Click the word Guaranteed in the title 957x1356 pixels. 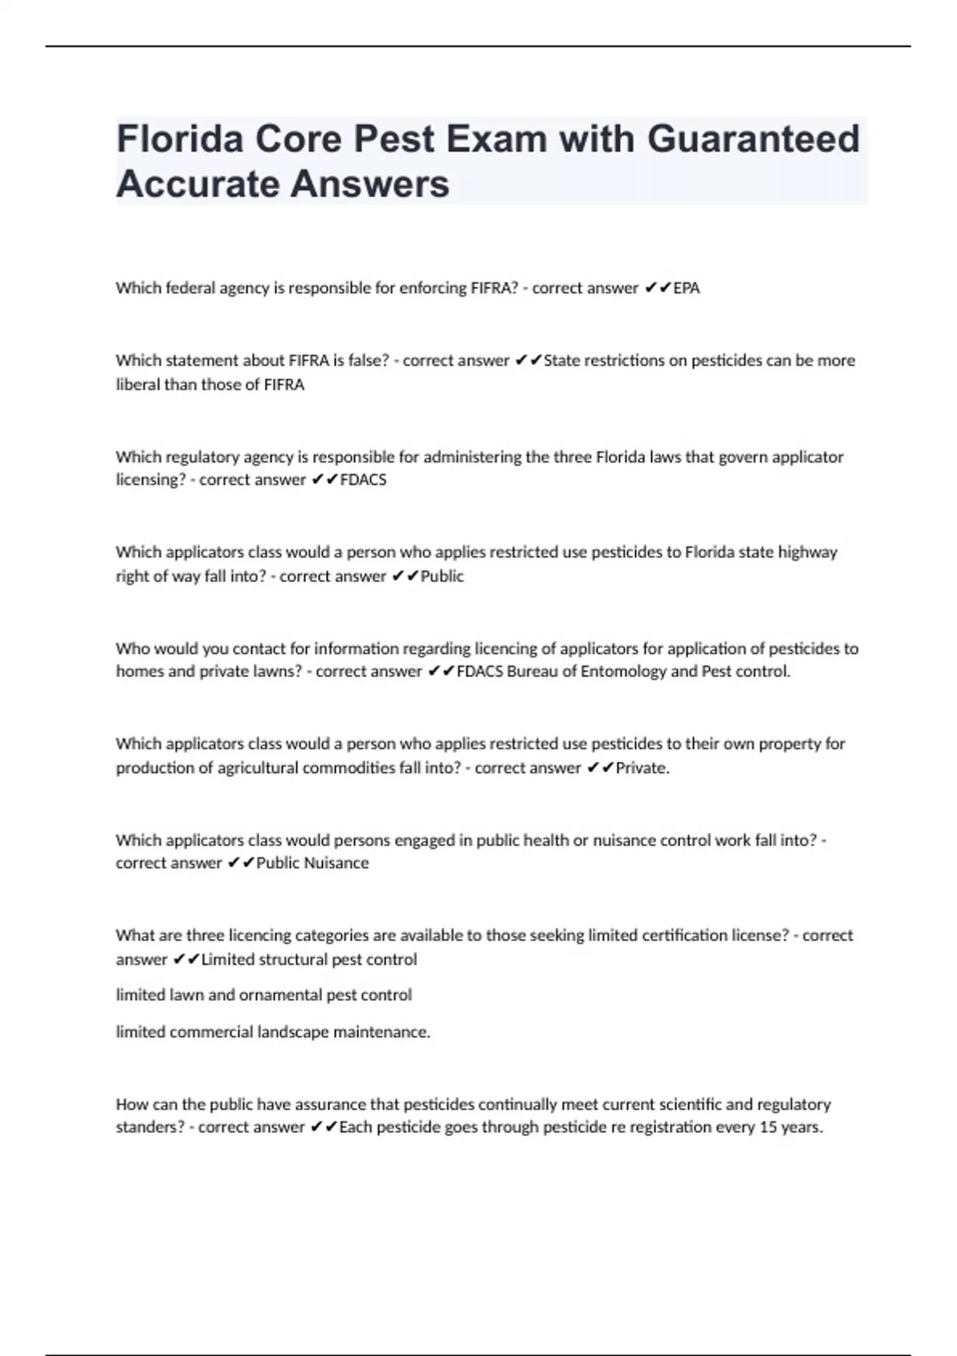pyautogui.click(x=753, y=139)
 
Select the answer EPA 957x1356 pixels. pyautogui.click(x=686, y=288)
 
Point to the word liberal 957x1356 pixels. pyautogui.click(x=138, y=384)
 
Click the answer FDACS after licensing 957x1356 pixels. pyautogui.click(x=363, y=479)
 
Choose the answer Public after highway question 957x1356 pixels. pyautogui.click(x=442, y=576)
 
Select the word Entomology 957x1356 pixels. pyautogui.click(x=622, y=671)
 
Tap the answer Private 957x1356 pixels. pyautogui.click(x=641, y=767)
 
